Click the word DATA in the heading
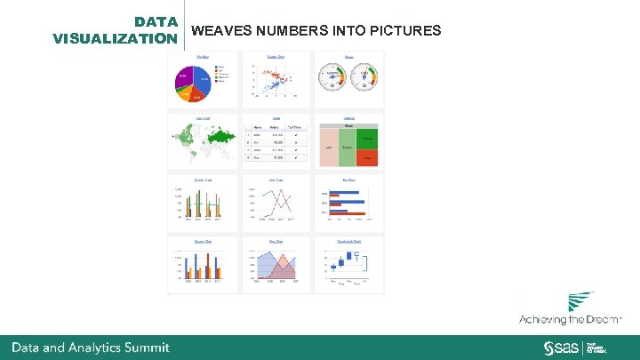(156, 21)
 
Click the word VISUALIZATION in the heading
(115, 38)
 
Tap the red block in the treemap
(367, 156)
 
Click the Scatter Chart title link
(276, 56)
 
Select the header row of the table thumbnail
(276, 126)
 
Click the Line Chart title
(276, 180)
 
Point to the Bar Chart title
(349, 180)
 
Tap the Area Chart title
(276, 241)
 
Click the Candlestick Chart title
(349, 241)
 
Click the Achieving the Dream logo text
(571, 319)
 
